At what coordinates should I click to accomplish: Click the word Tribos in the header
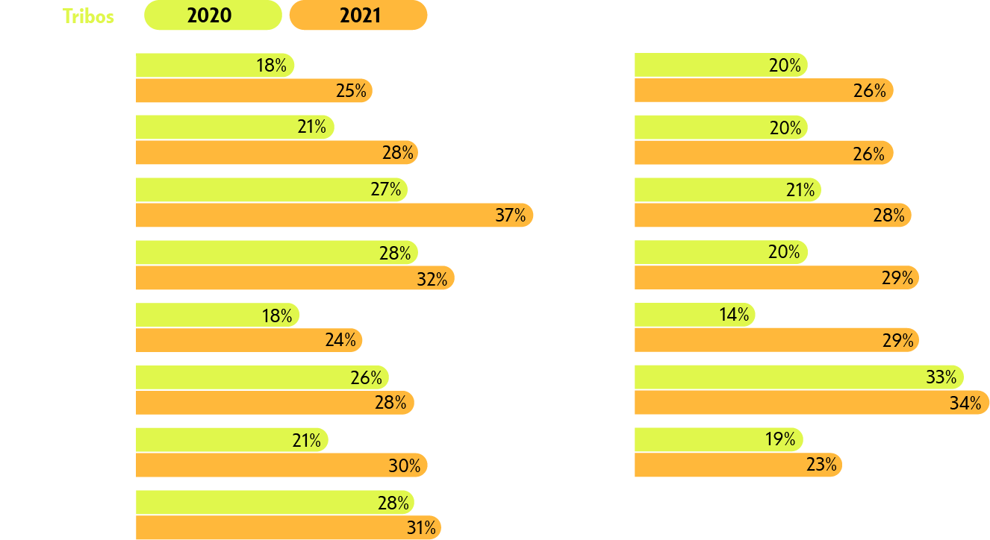[88, 16]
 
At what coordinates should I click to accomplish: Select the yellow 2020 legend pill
[213, 16]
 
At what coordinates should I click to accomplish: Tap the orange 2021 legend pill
[358, 16]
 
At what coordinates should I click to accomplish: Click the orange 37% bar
[334, 216]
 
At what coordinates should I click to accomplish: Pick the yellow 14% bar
[694, 315]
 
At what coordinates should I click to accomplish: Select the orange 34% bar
[812, 403]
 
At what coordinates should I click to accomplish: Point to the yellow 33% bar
[798, 377]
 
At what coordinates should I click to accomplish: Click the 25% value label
[351, 91]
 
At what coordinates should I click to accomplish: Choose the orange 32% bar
[295, 278]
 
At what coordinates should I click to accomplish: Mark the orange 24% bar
[249, 340]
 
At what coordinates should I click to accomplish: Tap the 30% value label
[404, 466]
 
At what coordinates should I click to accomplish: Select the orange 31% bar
[288, 528]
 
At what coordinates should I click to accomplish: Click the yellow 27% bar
[271, 189]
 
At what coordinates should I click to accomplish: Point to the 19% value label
[780, 440]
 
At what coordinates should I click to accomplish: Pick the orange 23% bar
[738, 465]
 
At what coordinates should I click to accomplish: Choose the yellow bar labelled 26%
[262, 377]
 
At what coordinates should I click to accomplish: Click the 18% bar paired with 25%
[215, 66]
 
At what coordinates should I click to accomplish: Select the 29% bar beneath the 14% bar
[776, 340]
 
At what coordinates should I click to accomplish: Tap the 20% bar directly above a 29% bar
[720, 252]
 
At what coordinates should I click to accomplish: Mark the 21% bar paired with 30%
[231, 440]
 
